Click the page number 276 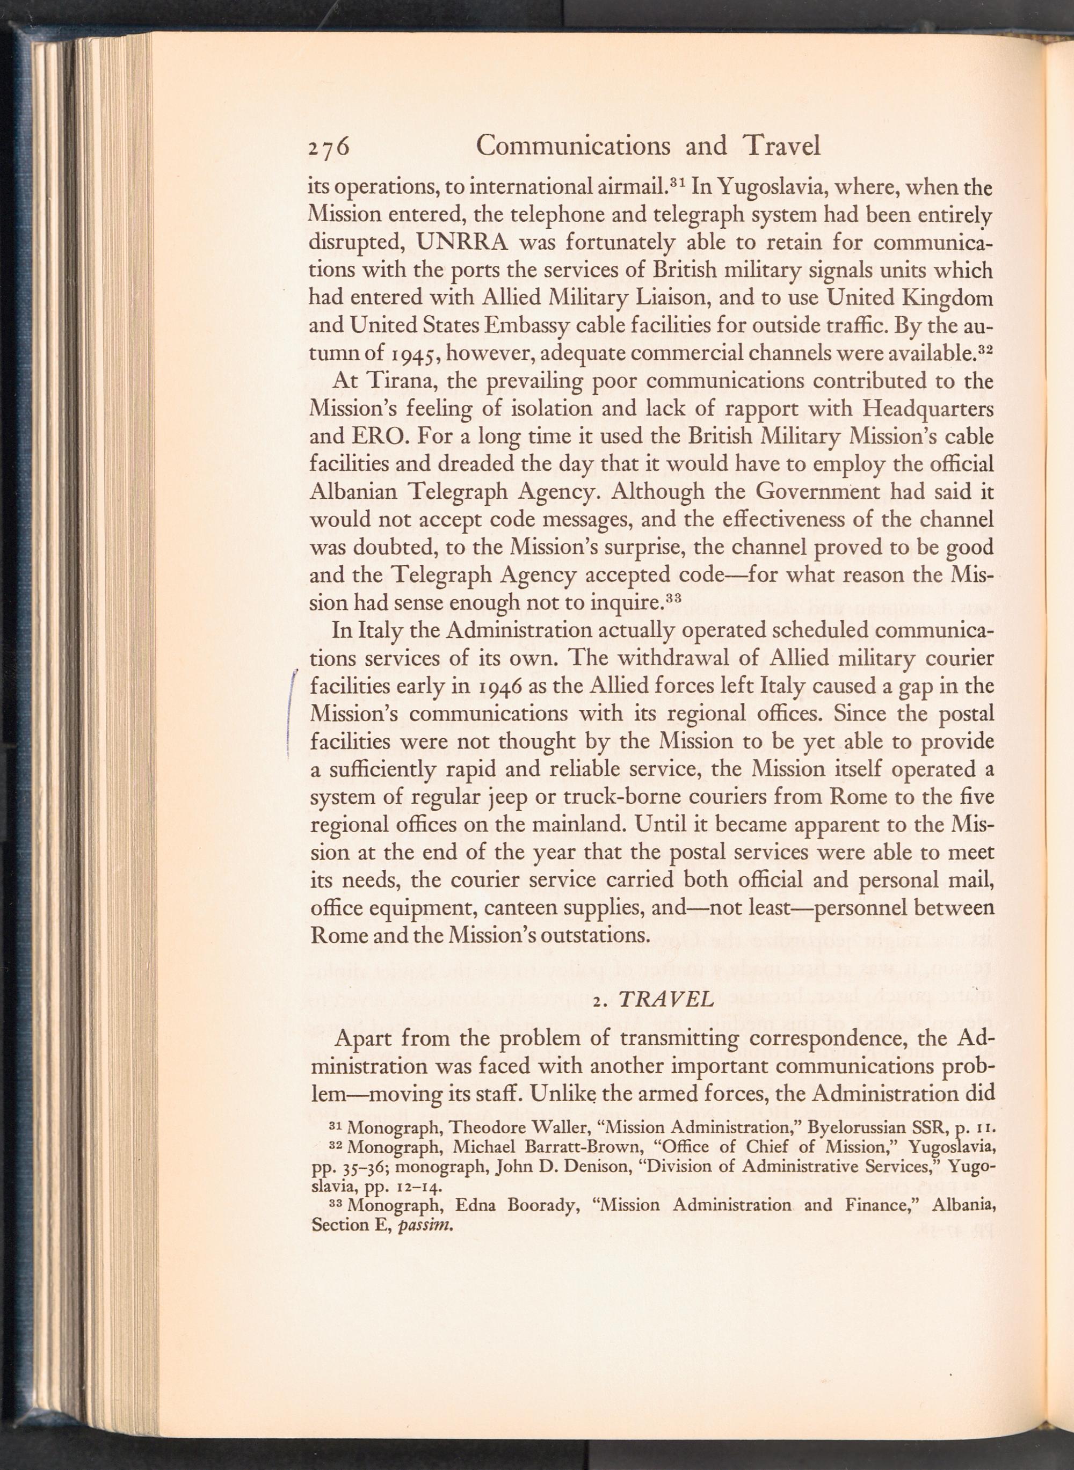(329, 147)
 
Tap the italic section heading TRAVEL (666, 1000)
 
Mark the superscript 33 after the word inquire (673, 597)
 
